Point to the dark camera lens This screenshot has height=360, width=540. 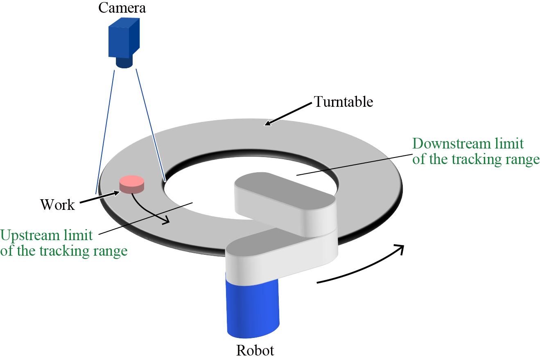point(124,63)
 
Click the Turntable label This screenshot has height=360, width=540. point(343,101)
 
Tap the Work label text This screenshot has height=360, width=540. point(58,204)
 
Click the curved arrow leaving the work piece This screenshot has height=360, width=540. point(147,211)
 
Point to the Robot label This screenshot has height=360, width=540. point(255,351)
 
